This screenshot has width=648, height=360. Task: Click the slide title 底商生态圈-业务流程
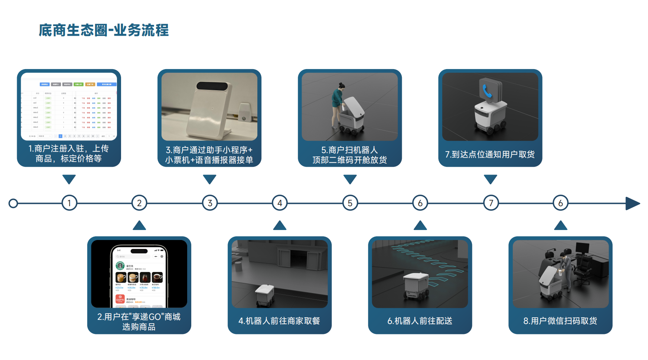point(104,30)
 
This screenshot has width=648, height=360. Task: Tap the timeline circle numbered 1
point(69,203)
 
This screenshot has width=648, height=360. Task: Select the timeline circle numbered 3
point(210,203)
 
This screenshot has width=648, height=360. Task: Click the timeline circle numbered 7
point(491,203)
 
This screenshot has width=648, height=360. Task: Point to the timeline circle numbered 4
point(280,203)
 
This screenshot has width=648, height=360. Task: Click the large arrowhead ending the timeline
point(632,203)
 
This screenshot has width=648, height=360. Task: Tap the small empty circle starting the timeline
point(13,203)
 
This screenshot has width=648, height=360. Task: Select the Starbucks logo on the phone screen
point(120,266)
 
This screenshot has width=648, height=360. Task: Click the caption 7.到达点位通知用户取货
point(490,155)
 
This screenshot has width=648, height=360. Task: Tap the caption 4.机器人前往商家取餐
point(279,321)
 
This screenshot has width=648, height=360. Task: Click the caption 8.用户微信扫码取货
point(560,321)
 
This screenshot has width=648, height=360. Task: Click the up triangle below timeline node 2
point(139,226)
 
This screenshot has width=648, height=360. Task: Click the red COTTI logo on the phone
point(120,299)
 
